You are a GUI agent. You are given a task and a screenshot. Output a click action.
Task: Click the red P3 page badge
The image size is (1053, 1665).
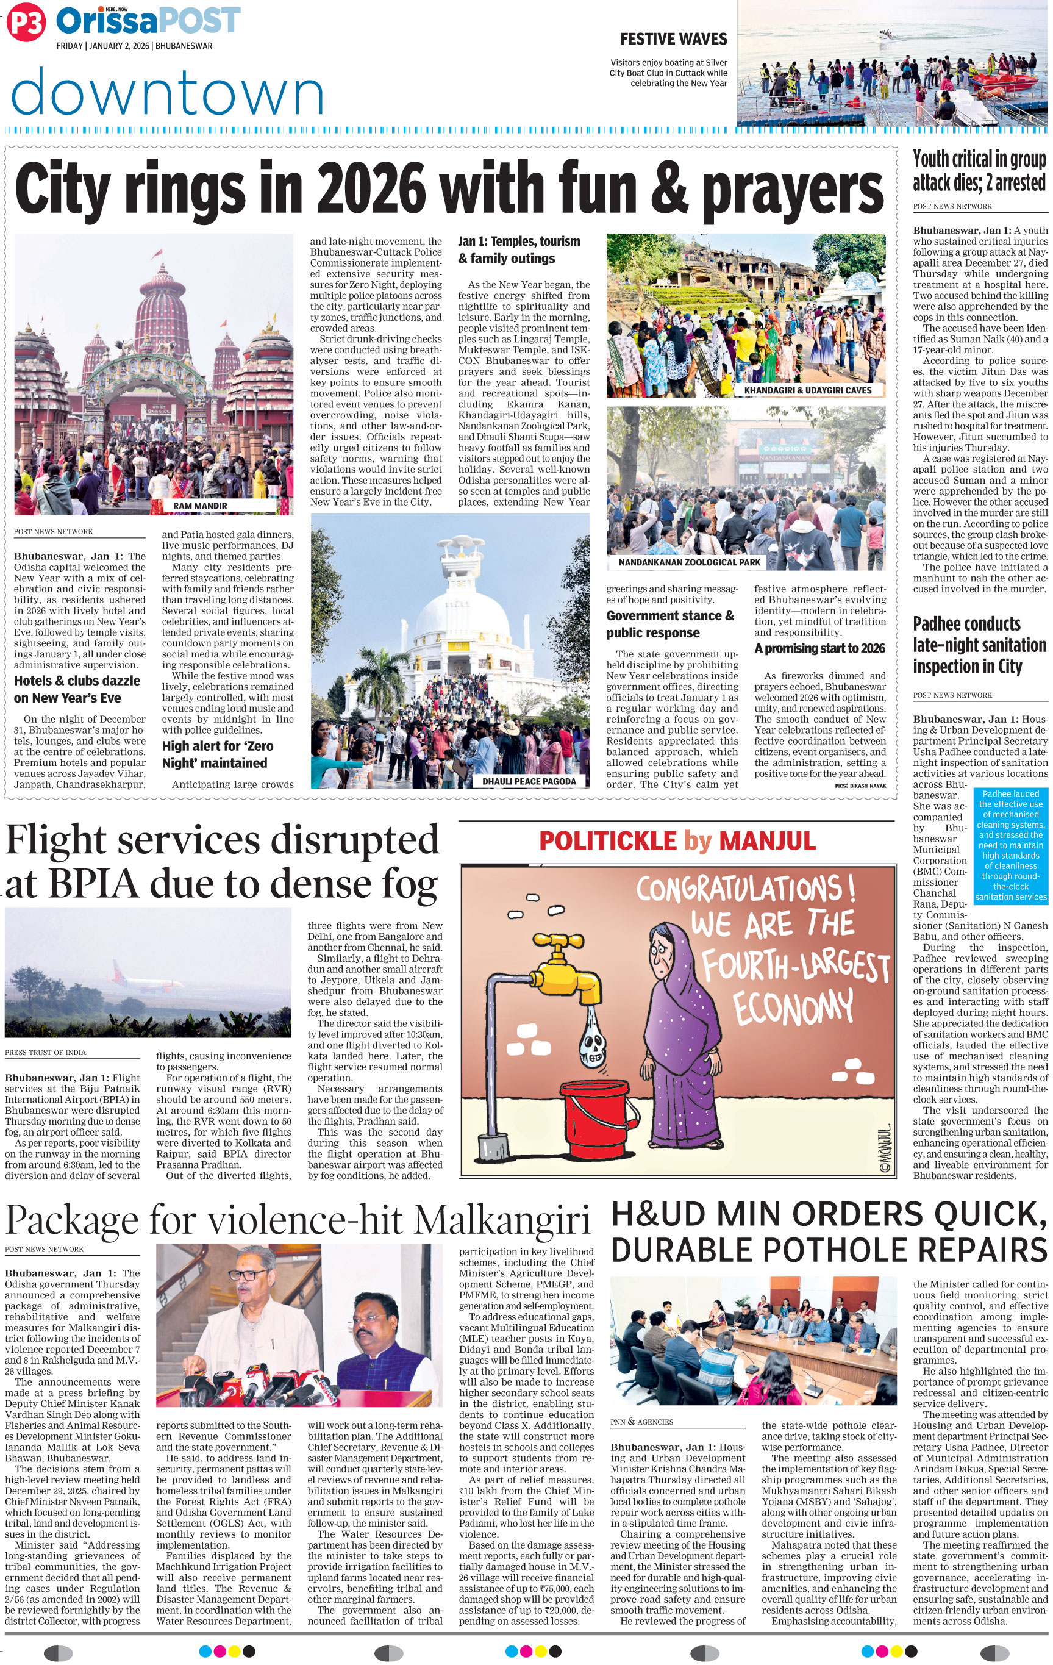coord(26,24)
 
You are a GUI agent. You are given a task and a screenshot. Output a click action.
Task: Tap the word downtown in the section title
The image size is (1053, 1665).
coord(167,92)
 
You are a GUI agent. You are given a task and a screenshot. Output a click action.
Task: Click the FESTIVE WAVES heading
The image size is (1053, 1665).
coord(673,38)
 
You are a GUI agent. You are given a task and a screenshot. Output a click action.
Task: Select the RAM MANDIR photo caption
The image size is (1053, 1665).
coord(200,506)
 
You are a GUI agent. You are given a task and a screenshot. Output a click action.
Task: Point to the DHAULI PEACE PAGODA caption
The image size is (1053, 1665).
coord(529,781)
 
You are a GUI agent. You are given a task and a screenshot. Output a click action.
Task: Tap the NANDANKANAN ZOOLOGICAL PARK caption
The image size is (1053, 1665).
coord(688,562)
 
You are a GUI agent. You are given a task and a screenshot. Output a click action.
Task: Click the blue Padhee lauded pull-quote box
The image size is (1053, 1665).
coord(1010,845)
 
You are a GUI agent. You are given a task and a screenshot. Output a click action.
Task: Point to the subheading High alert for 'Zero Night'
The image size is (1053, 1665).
coord(218,754)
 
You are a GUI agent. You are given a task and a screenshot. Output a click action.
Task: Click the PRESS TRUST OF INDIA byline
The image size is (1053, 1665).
coord(46,1053)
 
